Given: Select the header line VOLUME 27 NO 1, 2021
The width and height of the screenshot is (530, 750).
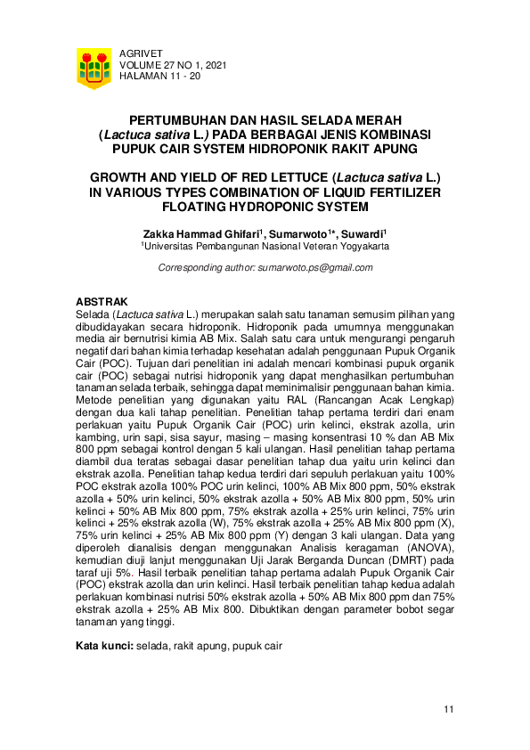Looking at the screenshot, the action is pyautogui.click(x=173, y=65).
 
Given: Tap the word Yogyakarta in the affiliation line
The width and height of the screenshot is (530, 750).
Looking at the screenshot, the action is pyautogui.click(x=359, y=246).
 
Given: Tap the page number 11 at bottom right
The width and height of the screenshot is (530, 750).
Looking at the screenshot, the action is pyautogui.click(x=449, y=709).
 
